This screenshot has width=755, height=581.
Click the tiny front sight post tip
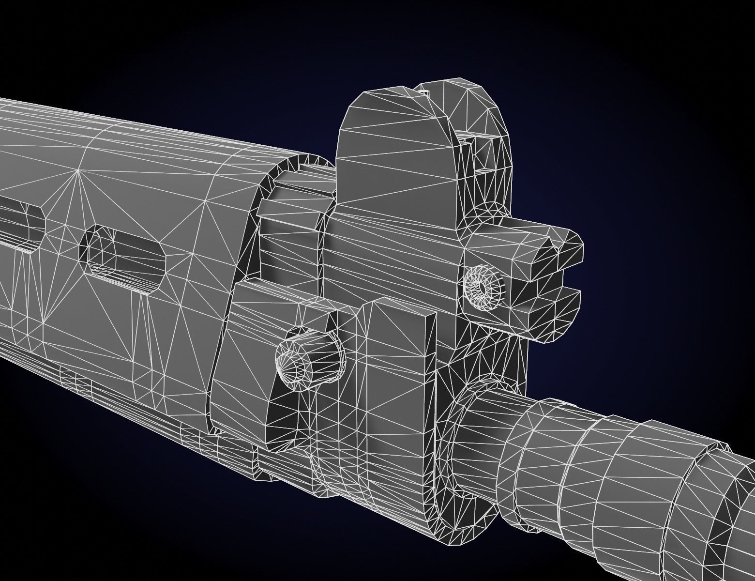424,90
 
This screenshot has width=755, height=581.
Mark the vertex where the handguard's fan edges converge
78,170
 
